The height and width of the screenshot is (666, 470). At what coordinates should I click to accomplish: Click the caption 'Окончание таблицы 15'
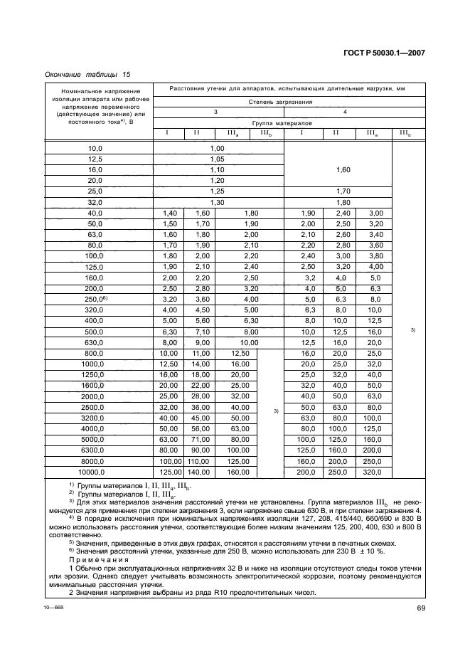coord(87,74)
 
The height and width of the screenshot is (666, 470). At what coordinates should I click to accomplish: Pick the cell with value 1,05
coord(218,159)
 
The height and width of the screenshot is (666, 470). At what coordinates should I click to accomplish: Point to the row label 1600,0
coord(95,384)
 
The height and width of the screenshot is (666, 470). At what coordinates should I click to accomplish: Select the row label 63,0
coord(95,234)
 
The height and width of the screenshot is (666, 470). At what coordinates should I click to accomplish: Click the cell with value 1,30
coord(218,202)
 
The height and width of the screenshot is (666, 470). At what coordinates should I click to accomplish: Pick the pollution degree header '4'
coord(346,112)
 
